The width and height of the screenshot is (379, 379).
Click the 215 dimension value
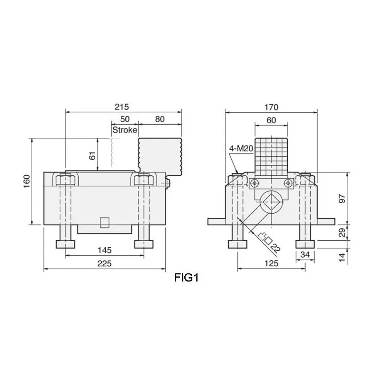point(123,107)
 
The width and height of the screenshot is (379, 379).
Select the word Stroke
point(125,130)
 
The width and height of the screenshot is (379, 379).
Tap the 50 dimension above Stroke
point(125,119)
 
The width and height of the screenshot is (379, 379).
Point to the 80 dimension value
point(160,119)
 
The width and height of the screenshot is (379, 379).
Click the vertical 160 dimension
point(27,181)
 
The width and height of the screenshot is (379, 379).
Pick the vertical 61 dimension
point(92,154)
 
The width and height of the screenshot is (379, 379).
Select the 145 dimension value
point(104,250)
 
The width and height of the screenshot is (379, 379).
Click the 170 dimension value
point(271,107)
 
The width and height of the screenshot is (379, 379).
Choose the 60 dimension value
point(271,120)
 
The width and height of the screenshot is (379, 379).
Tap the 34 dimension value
point(305,255)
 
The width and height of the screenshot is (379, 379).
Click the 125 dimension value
point(271,263)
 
